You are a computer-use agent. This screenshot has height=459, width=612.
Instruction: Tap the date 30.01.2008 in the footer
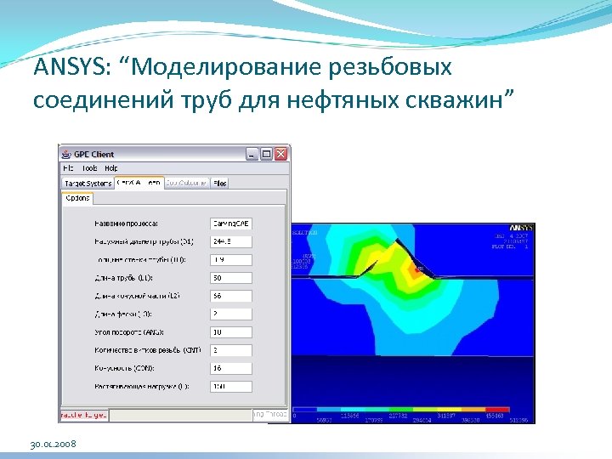pyautogui.click(x=54, y=445)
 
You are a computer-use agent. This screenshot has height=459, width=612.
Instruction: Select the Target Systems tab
pyautogui.click(x=88, y=183)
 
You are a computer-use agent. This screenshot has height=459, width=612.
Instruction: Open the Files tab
pyautogui.click(x=220, y=183)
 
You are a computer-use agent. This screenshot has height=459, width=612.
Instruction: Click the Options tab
pyautogui.click(x=77, y=198)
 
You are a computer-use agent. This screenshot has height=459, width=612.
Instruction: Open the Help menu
pyautogui.click(x=111, y=168)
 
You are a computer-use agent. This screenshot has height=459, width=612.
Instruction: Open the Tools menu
pyautogui.click(x=90, y=168)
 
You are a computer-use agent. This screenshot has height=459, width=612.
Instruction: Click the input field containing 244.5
pyautogui.click(x=230, y=241)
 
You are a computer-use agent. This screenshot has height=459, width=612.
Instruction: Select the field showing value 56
pyautogui.click(x=230, y=296)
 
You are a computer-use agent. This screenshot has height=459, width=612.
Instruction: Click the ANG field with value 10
pyautogui.click(x=230, y=332)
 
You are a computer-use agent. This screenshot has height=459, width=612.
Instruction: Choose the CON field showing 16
pyautogui.click(x=230, y=368)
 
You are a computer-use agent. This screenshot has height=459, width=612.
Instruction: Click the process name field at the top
pyautogui.click(x=230, y=224)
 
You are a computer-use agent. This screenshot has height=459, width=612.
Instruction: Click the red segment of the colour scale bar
pyautogui.click(x=496, y=410)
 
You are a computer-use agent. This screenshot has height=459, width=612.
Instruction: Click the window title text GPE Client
pyautogui.click(x=93, y=154)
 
